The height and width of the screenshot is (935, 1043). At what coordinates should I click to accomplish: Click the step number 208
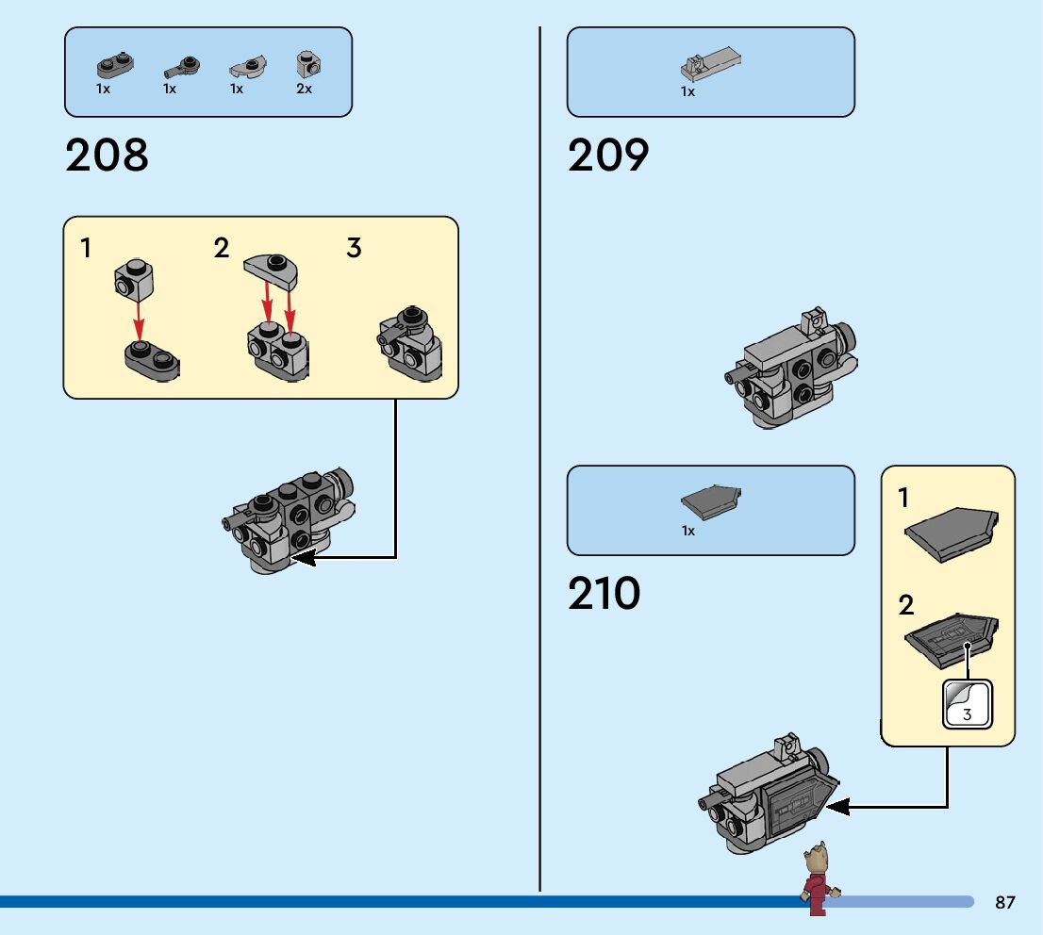point(107,156)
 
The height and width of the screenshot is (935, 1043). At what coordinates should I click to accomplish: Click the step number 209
point(608,156)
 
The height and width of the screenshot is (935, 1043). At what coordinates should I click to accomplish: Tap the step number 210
point(604,594)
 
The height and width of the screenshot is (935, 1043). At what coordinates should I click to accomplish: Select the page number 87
point(1005,903)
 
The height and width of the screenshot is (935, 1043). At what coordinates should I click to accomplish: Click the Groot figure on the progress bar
point(817,877)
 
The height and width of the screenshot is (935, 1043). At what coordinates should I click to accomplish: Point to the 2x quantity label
point(304,89)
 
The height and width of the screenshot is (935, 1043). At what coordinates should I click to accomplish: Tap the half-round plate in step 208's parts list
point(247,67)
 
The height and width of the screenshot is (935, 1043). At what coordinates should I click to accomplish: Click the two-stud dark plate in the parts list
point(114,66)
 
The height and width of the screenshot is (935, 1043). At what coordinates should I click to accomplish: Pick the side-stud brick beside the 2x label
point(307,64)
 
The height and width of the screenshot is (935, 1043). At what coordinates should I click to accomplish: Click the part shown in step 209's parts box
point(710,63)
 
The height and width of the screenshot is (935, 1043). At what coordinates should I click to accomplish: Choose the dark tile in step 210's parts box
point(710,501)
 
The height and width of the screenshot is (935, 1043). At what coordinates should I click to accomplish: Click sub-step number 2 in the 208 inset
point(222,249)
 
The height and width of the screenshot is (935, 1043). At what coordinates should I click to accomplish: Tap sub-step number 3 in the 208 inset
point(354,249)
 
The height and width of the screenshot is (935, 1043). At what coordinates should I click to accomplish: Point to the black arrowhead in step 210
point(836,806)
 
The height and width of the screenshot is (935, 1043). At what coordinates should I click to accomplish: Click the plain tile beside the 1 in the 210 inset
point(951,533)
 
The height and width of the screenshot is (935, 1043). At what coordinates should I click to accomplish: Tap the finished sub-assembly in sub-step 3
point(411,344)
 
